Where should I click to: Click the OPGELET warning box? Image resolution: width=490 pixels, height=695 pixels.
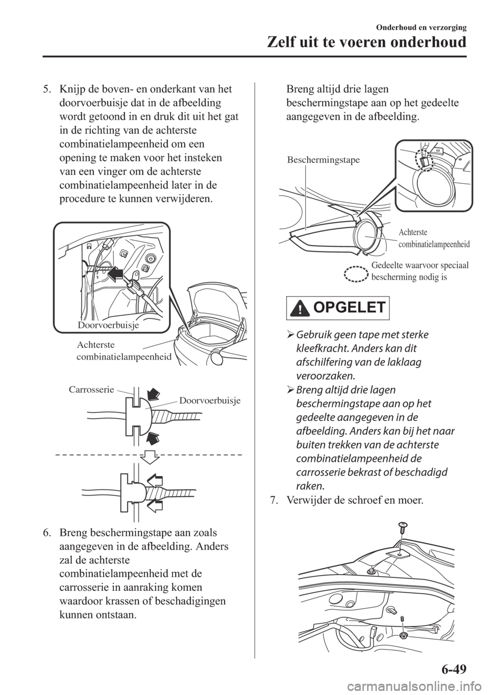tap(336, 308)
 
